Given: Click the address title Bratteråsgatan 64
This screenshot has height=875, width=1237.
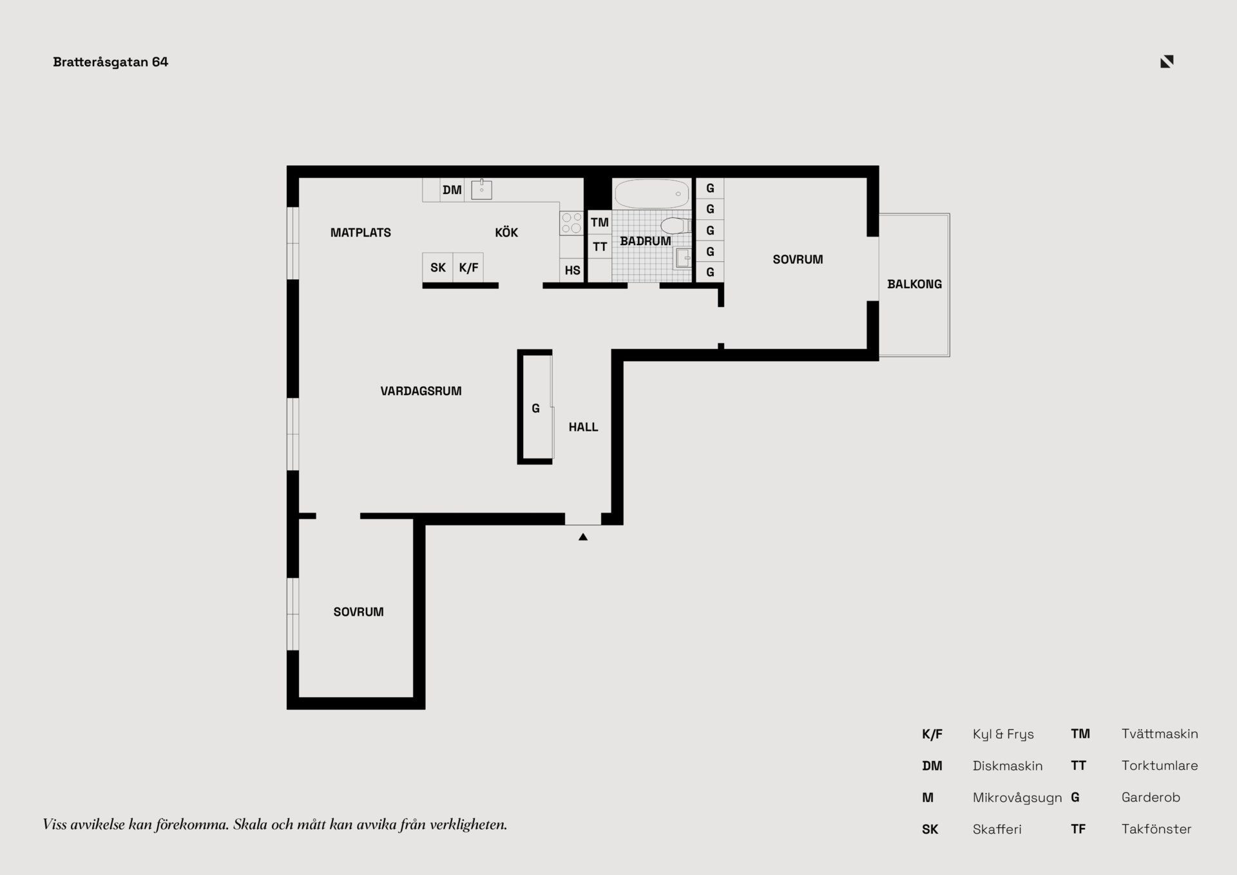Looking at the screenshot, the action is [110, 62].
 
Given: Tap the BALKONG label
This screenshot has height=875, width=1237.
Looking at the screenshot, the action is [914, 284].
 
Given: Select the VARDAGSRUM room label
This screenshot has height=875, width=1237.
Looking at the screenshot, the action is [421, 391].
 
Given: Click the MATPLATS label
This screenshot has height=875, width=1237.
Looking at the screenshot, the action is [361, 232].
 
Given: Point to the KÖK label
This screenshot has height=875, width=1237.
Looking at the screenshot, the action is [506, 232].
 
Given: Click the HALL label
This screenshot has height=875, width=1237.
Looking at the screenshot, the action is [583, 427].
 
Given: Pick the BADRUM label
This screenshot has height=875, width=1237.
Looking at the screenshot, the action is [646, 241].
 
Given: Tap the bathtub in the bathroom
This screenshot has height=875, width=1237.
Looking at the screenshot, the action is [652, 193].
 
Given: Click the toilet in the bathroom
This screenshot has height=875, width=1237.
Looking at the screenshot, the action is [676, 226].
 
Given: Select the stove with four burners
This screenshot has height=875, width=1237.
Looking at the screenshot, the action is [571, 223].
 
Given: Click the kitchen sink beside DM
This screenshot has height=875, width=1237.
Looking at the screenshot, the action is [481, 190].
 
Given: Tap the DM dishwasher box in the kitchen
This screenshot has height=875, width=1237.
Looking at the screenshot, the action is [452, 190].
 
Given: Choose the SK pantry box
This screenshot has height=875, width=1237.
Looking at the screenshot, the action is [438, 268].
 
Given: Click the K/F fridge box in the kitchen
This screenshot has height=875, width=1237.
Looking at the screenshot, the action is [468, 268].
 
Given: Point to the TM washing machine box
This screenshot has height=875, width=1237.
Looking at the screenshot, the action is [600, 222].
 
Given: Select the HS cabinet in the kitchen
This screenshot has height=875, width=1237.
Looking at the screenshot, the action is [572, 270].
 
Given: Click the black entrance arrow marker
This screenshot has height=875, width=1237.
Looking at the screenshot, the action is [583, 536].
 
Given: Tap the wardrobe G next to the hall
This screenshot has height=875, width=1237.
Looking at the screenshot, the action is [535, 408].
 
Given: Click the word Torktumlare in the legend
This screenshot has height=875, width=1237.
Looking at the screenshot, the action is [1160, 765].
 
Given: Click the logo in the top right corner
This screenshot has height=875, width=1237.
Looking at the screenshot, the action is [1167, 62].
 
